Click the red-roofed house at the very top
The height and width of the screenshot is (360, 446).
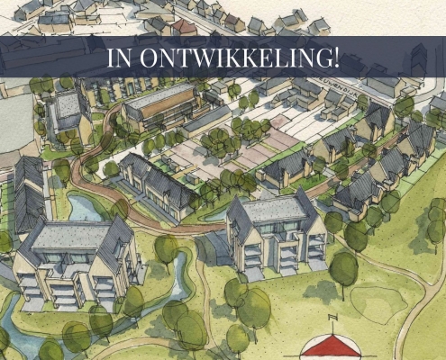(x=185, y=25)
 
